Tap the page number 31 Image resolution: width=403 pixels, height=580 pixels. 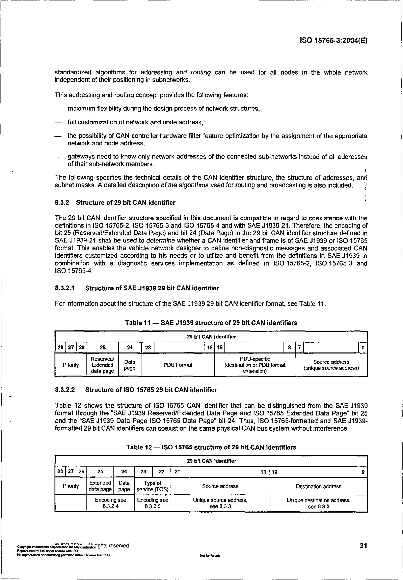tap(363, 545)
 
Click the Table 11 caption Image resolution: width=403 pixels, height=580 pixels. tap(211, 323)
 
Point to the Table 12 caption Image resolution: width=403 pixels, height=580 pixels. tap(211, 447)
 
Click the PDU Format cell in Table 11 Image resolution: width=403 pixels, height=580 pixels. tap(178, 365)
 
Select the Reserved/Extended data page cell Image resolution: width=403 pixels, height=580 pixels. tap(102, 365)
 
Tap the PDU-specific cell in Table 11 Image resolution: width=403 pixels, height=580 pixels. tap(255, 365)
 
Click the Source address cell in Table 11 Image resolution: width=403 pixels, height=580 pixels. tap(331, 365)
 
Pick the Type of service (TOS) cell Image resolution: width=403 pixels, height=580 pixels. tap(152, 486)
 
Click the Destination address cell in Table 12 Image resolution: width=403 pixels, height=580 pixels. tap(319, 486)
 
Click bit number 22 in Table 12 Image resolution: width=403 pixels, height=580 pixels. tap(162, 471)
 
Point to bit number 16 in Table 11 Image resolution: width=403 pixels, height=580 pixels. tap(210, 347)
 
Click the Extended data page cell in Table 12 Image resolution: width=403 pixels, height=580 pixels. tap(100, 486)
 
